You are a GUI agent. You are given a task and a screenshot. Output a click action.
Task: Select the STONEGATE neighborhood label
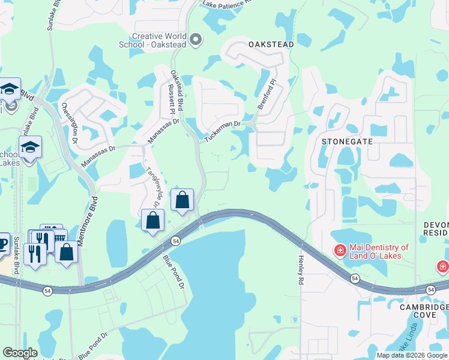[347, 142]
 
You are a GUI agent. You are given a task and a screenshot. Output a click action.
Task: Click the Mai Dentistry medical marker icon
[340, 250]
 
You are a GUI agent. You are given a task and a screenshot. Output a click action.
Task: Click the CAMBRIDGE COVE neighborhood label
[424, 311]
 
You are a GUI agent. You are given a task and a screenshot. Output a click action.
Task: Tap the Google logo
[20, 353]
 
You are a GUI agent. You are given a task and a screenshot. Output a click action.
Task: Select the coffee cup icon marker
[3, 243]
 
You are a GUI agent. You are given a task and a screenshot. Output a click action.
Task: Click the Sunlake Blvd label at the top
[50, 14]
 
